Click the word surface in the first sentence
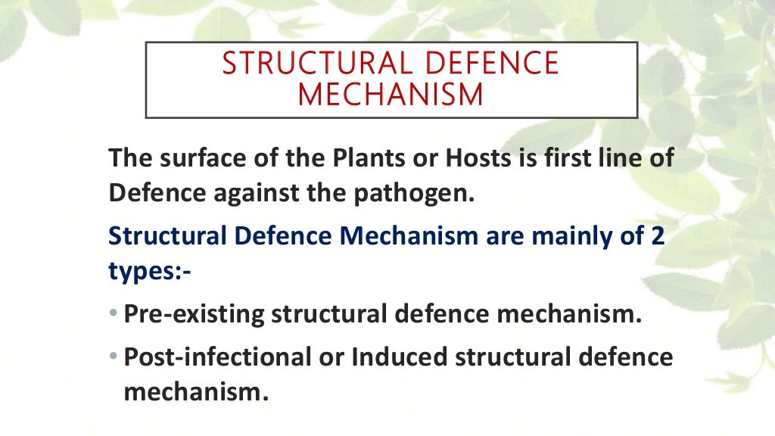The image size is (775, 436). tap(191, 160)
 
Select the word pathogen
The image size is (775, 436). tap(415, 195)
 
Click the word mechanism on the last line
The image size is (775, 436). tap(195, 392)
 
